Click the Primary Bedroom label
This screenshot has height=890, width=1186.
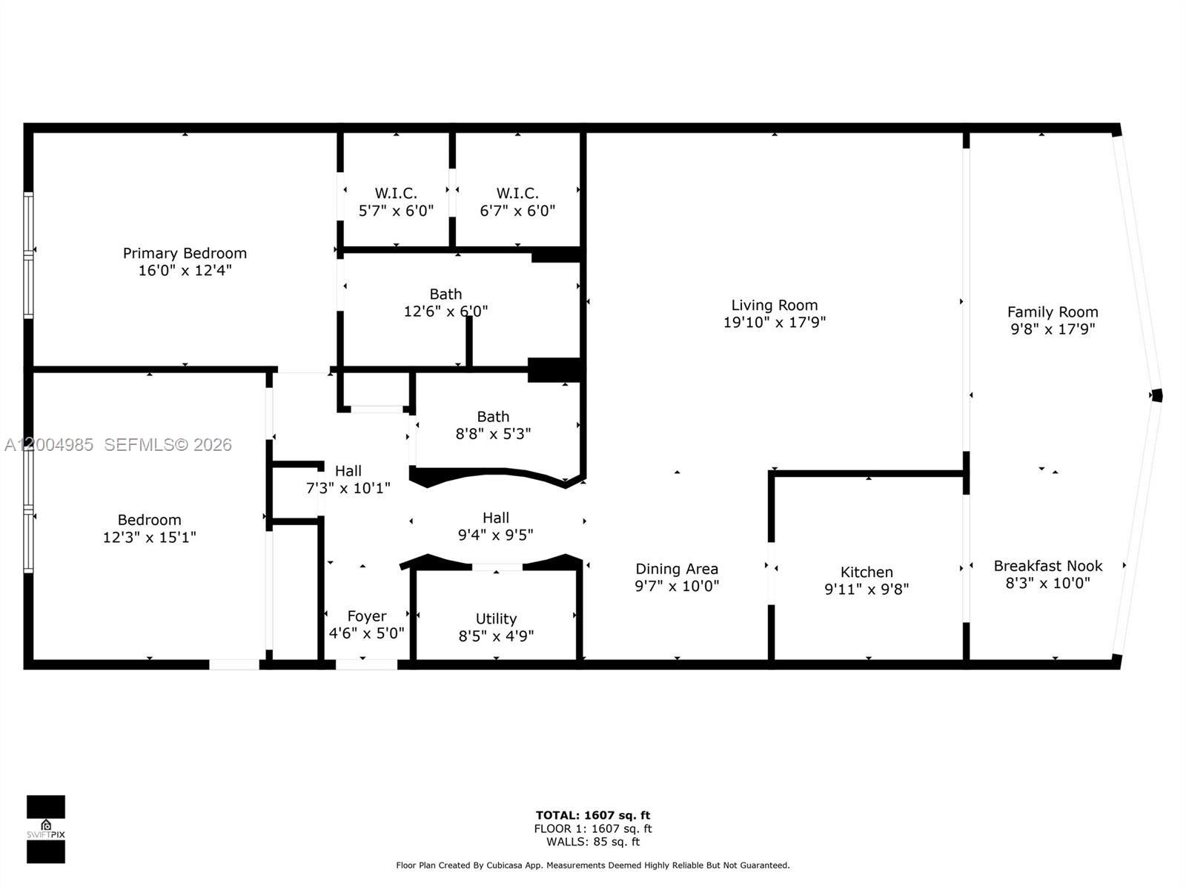[185, 254]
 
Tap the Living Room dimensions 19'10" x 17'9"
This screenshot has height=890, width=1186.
[774, 323]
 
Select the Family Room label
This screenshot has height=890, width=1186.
[1052, 312]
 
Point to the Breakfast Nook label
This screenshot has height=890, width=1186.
[1047, 566]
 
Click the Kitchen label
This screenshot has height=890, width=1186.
[866, 572]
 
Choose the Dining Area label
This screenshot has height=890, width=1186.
[676, 569]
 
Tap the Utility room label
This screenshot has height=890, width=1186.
[496, 619]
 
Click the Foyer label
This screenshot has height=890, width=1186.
[366, 616]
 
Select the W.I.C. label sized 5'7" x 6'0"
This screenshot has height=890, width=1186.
[395, 194]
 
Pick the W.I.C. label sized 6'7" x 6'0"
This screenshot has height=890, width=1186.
[517, 194]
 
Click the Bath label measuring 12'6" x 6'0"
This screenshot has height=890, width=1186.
[445, 294]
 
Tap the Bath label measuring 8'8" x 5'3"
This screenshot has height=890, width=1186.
[493, 417]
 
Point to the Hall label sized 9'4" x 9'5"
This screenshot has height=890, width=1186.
[495, 518]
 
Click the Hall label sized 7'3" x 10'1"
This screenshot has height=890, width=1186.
[348, 471]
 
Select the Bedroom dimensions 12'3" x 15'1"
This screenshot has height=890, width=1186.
[149, 537]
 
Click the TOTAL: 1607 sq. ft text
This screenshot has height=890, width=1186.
[592, 815]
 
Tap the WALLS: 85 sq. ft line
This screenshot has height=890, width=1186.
[592, 842]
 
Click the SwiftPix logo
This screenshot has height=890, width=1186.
[46, 829]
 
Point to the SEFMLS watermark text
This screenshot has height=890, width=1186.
[168, 444]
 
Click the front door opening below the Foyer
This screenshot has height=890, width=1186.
[366, 665]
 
